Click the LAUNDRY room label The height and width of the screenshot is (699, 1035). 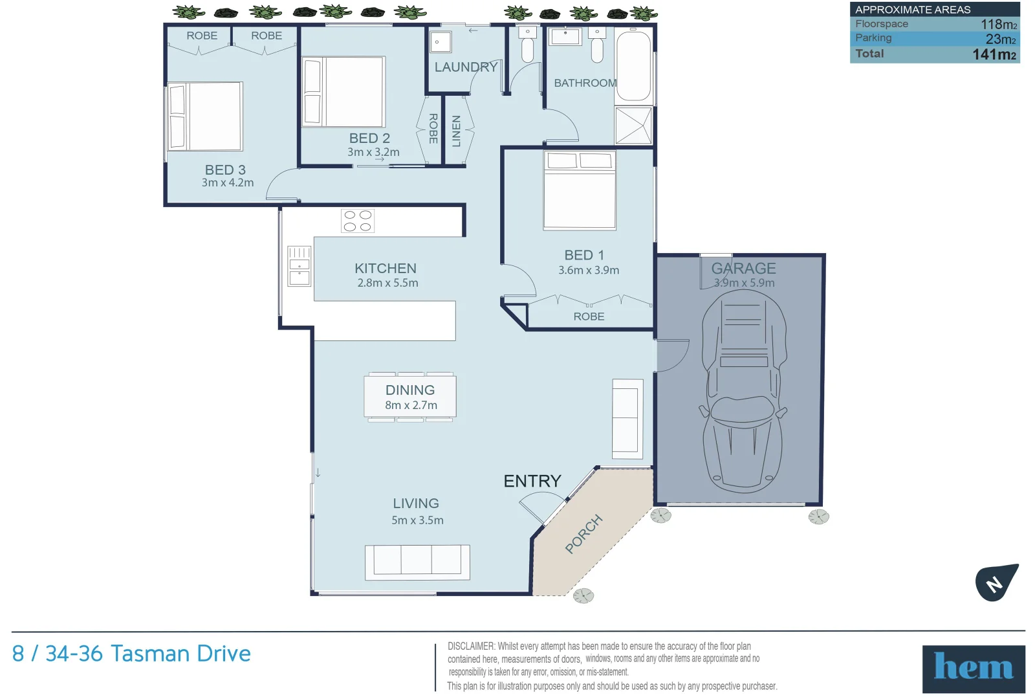point(466,67)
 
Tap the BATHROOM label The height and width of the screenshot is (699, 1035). point(585,83)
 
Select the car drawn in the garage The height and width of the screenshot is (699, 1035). point(743,391)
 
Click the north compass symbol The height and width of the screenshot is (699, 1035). point(997,582)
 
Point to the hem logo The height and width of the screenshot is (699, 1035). point(974,669)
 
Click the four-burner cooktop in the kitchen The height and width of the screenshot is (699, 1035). point(358,221)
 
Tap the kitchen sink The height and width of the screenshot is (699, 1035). point(300,266)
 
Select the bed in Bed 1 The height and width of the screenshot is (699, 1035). point(580,190)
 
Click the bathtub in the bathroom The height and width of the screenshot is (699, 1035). point(633,65)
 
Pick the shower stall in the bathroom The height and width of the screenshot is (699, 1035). point(633,126)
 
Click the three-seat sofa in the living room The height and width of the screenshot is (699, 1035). point(417,562)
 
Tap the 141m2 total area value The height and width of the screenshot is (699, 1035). point(994,54)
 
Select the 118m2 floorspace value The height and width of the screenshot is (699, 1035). point(999,24)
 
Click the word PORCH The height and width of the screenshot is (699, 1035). point(584,534)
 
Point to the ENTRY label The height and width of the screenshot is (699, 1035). point(532,482)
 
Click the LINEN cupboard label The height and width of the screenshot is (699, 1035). point(456,131)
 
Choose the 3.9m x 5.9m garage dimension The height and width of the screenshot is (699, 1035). point(744,282)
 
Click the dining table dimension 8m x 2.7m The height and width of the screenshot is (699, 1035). point(411,405)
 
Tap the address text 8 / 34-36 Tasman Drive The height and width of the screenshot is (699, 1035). point(131,654)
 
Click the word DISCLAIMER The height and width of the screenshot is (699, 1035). point(471,647)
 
